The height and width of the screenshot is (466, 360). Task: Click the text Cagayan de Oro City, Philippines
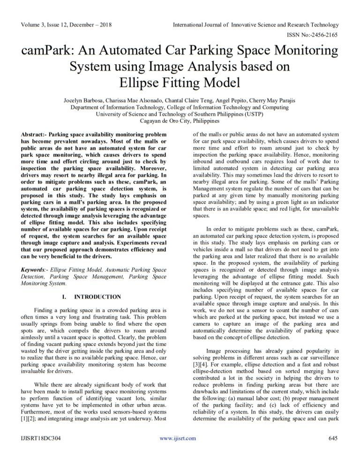(x=180, y=121)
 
